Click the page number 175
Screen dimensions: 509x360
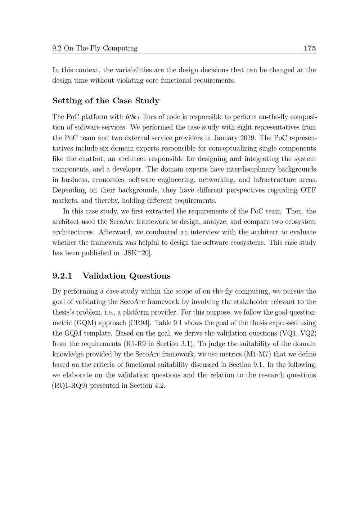(310, 48)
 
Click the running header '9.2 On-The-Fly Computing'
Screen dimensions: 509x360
(95, 48)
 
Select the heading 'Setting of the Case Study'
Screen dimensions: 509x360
(106, 101)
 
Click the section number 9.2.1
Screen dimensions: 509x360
(62, 276)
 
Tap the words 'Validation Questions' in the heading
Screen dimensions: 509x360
(126, 276)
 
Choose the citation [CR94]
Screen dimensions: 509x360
(139, 323)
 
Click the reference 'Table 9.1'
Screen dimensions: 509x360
(167, 323)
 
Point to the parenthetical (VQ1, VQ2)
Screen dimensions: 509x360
(298, 333)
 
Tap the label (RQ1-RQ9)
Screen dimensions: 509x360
(70, 386)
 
